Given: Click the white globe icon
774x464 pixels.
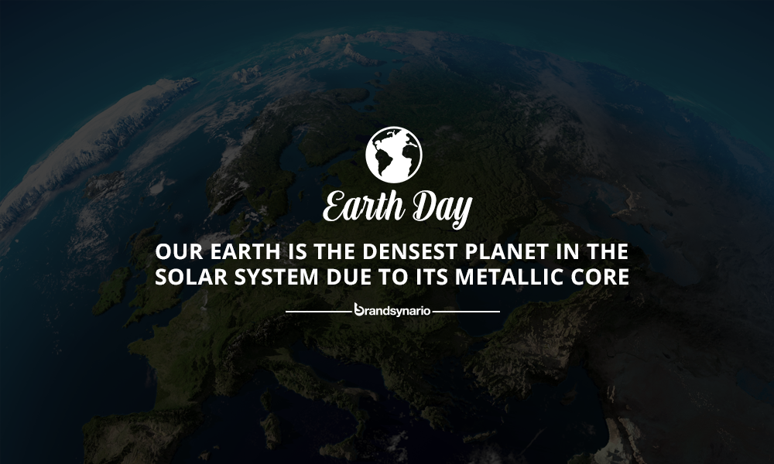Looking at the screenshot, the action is [394, 155].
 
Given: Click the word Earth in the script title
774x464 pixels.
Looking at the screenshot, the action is [363, 206].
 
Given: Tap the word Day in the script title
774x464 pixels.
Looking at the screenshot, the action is [442, 209].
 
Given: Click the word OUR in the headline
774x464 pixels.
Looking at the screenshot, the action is [179, 251].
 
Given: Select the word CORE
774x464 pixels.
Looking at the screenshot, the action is [601, 277].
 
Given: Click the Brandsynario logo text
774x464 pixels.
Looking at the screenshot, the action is [392, 310].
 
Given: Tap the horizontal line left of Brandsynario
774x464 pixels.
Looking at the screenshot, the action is [318, 312].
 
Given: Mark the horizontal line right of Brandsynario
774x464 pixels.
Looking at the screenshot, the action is [467, 312].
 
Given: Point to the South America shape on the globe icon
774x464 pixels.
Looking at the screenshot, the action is [382, 162].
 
